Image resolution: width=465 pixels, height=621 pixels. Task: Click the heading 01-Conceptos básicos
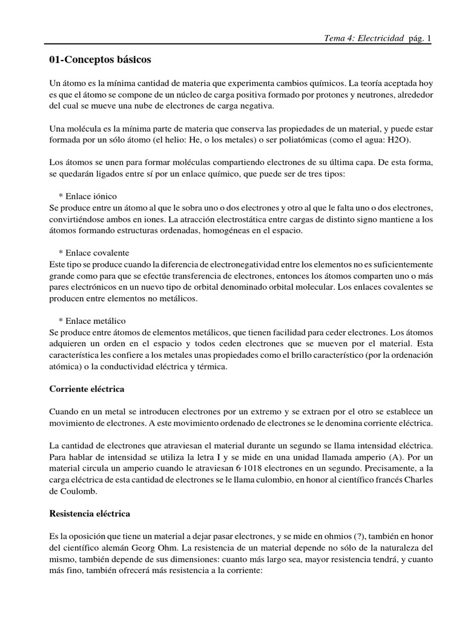click(100, 60)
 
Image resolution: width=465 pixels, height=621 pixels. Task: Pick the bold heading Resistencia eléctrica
click(90, 514)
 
